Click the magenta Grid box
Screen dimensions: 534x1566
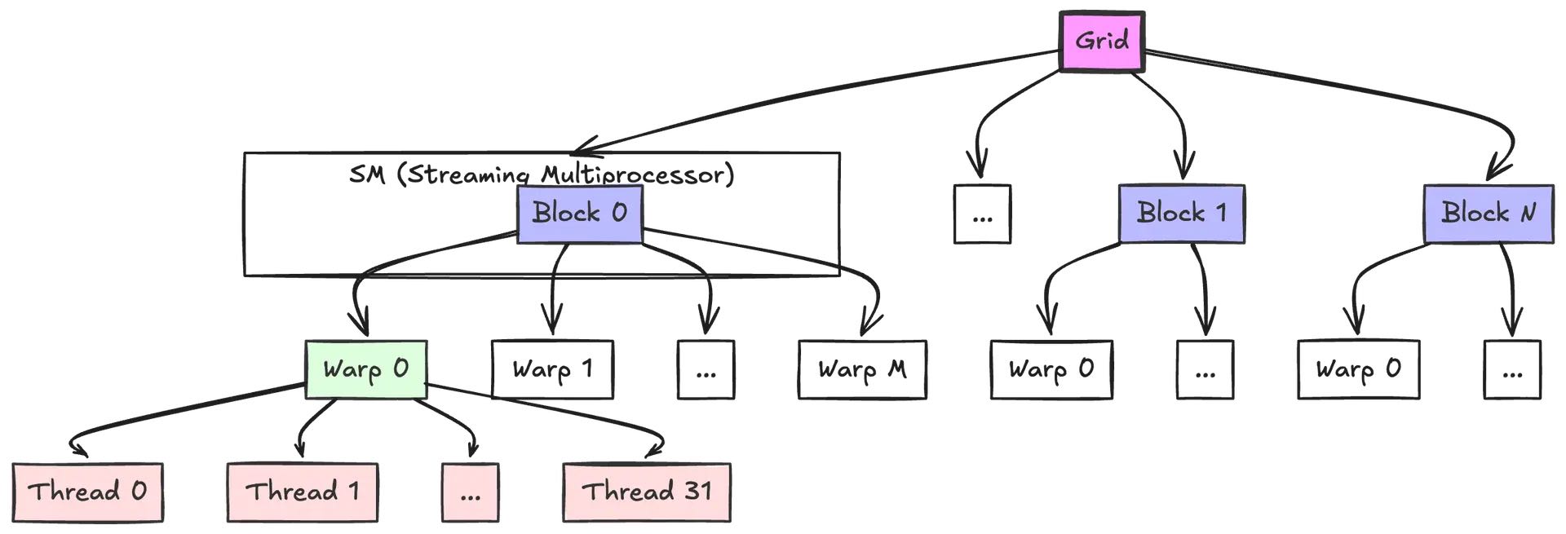[x=1102, y=41]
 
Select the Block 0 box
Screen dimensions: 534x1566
[x=580, y=214]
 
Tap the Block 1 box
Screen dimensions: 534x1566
[x=1181, y=214]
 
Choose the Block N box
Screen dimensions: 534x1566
[x=1489, y=214]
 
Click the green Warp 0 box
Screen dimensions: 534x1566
[x=366, y=369]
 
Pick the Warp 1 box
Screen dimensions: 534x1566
[x=552, y=369]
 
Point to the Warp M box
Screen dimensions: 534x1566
[x=862, y=369]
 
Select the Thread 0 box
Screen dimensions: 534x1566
[x=88, y=492]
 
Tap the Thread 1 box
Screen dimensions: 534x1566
[x=303, y=492]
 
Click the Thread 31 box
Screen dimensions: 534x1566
[x=647, y=492]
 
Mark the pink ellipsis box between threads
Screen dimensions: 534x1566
[x=471, y=492]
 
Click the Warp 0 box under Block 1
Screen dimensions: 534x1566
[x=1051, y=369]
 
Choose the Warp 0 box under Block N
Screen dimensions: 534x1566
[x=1359, y=369]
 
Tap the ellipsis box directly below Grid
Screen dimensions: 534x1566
[x=983, y=214]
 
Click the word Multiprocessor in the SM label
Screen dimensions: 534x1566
[x=637, y=174]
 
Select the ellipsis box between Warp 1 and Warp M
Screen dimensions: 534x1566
[x=706, y=369]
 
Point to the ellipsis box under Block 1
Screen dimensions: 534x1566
[x=1205, y=369]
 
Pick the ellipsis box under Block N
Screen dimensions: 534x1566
[x=1512, y=369]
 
